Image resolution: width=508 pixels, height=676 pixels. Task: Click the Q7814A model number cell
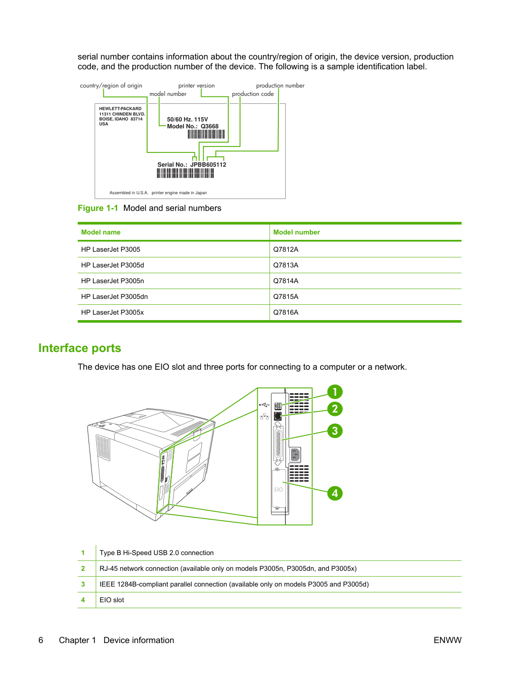coord(286,281)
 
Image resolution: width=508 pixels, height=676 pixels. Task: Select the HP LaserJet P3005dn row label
coord(114,296)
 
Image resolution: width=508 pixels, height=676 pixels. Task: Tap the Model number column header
coord(297,232)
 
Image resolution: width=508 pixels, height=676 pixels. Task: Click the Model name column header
coord(101,232)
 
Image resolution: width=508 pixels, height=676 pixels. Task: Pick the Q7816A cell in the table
coord(286,312)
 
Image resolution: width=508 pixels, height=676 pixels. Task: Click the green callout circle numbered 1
coord(335,392)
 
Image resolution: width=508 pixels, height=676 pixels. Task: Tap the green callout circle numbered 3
coord(335,431)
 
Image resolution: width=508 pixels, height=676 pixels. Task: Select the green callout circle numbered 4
coord(335,493)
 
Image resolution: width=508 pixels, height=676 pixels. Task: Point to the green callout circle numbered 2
coord(335,409)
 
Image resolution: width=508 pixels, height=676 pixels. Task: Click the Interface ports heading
coord(80,348)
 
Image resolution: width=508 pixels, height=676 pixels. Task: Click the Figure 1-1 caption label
coord(98,208)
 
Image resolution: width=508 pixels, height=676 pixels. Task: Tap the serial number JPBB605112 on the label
coord(208,165)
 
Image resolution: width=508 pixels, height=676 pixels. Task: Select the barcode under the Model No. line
coord(206,134)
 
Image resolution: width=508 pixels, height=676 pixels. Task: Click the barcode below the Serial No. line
coord(185,174)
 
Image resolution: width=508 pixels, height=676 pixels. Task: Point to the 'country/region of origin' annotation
coord(111,86)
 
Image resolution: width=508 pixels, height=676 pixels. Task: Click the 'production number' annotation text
coord(280,86)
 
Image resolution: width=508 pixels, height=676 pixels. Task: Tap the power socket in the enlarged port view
coord(295,454)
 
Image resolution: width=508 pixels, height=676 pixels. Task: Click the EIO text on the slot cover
coord(278,489)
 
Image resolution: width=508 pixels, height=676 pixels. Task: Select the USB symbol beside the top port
coord(264,404)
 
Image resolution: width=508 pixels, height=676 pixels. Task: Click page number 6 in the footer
coord(41,640)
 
